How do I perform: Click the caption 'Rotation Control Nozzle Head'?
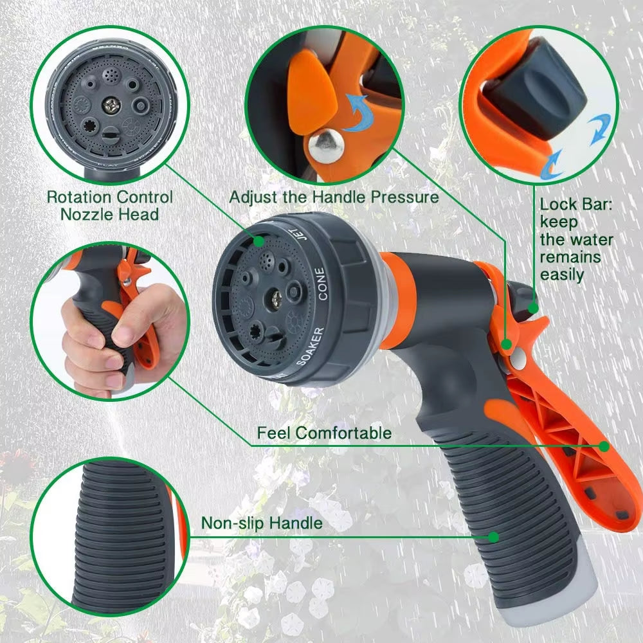[x=109, y=206]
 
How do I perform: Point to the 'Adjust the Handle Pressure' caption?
[x=334, y=197]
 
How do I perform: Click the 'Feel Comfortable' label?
[x=324, y=433]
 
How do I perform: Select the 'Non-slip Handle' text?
[x=262, y=523]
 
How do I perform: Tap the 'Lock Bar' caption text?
[x=575, y=240]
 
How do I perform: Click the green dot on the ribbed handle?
[x=493, y=536]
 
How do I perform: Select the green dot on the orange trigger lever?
[x=604, y=445]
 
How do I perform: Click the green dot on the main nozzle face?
[x=258, y=242]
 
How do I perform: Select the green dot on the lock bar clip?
[x=532, y=308]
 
